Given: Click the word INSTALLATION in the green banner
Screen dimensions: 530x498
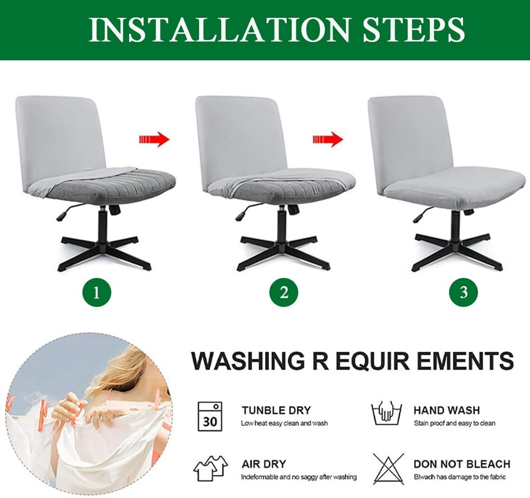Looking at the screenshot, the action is coord(219,30).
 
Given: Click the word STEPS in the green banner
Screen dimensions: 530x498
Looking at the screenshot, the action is coord(414,30).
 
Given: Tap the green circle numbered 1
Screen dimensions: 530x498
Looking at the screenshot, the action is coord(97,292).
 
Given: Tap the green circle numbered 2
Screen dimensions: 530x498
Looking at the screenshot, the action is coord(284,292).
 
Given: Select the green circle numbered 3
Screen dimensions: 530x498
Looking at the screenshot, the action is coord(464,292).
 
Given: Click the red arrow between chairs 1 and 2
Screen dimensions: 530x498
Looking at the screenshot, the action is coord(154,139).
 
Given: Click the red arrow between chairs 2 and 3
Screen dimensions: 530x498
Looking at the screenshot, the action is coord(328,139).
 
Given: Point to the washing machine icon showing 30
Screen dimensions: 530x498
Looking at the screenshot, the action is coord(210,416).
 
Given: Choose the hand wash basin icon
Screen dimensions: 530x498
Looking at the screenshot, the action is coord(387,413).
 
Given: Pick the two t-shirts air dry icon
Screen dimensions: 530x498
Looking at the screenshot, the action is coord(211,468).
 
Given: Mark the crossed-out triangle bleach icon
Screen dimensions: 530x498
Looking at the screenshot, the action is coord(389,469).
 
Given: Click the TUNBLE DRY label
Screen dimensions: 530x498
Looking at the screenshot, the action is coord(276,410).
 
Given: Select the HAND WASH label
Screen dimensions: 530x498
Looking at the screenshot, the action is coord(447,410).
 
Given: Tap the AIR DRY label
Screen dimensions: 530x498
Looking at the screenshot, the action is coord(264,464).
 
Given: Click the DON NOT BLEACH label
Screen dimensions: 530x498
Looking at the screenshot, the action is coord(462,464).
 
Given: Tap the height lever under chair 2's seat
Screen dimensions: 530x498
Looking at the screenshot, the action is coord(245,211).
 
